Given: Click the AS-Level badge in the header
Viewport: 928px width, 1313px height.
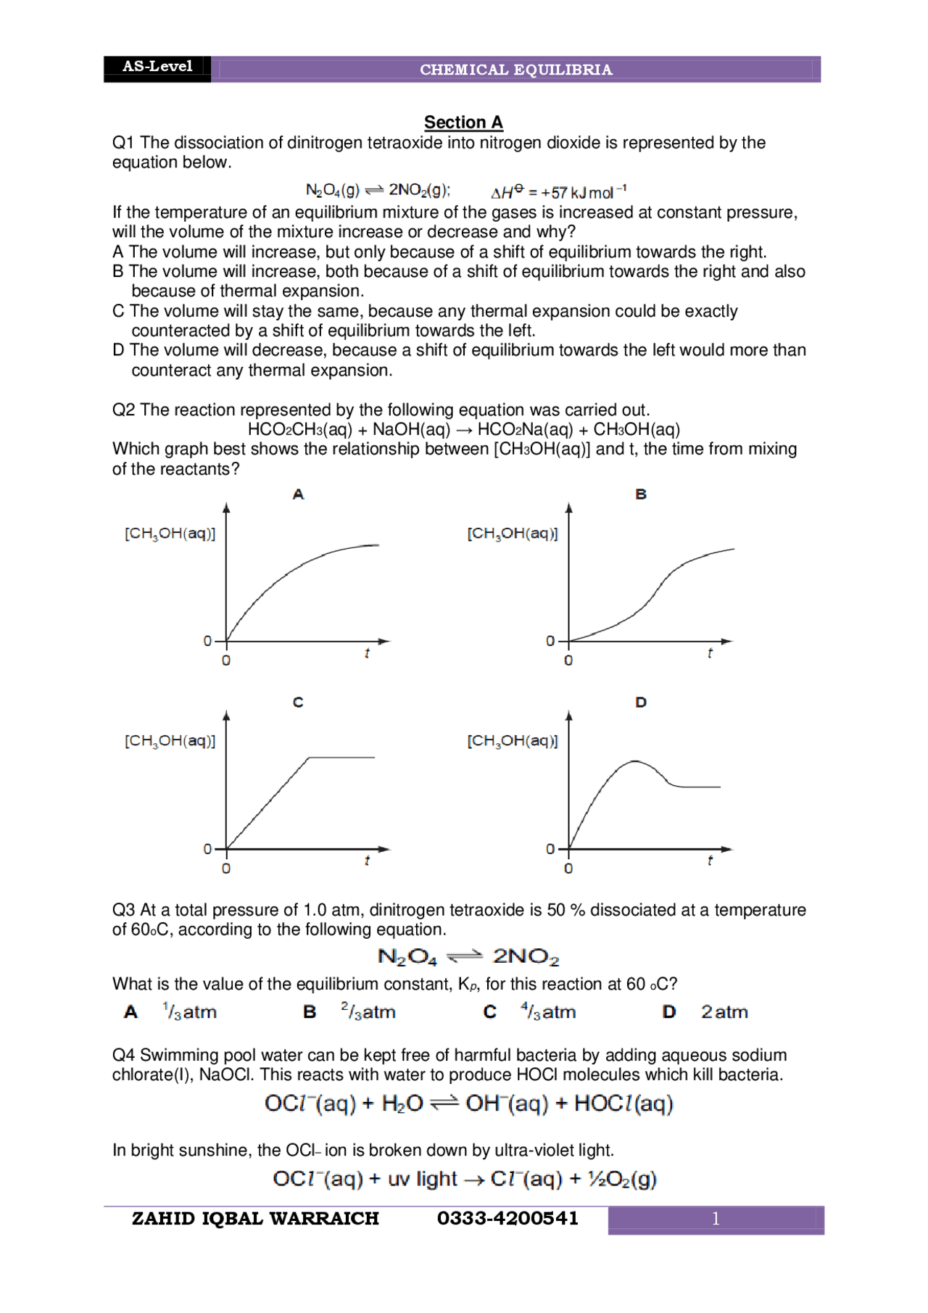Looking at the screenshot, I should pyautogui.click(x=157, y=67).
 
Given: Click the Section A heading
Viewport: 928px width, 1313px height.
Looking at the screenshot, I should pyautogui.click(x=463, y=122).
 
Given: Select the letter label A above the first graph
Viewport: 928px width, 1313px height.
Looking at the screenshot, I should pyautogui.click(x=298, y=494).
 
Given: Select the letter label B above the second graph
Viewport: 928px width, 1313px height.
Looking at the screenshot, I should pyautogui.click(x=641, y=494).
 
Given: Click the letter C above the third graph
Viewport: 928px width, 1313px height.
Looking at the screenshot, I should pyautogui.click(x=298, y=702).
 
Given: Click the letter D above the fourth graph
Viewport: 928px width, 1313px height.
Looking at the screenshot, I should pyautogui.click(x=641, y=702).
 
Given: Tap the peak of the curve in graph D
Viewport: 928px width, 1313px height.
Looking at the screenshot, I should pyautogui.click(x=635, y=761).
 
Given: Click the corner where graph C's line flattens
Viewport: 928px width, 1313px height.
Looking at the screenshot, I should pyautogui.click(x=309, y=758).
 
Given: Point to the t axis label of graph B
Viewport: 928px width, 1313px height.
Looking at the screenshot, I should pyautogui.click(x=710, y=653).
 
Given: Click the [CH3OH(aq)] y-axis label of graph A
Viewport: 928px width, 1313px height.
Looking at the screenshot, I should pyautogui.click(x=170, y=534).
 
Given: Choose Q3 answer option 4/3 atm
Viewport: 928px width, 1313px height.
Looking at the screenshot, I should pyautogui.click(x=548, y=1011).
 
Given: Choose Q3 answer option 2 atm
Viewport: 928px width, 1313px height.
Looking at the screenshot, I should pyautogui.click(x=724, y=1011).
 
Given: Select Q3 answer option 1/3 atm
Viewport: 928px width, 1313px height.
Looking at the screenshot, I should pyautogui.click(x=189, y=1011).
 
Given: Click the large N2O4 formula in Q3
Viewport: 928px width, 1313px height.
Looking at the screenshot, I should pyautogui.click(x=407, y=957).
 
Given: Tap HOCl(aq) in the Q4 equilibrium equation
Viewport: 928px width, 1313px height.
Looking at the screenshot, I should pyautogui.click(x=623, y=1103).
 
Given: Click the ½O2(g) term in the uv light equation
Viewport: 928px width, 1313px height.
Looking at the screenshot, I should pyautogui.click(x=622, y=1179).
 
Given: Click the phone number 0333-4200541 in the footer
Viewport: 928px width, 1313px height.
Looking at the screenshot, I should pyautogui.click(x=507, y=1218).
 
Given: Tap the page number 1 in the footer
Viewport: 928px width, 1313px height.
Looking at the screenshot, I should pyautogui.click(x=716, y=1219).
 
